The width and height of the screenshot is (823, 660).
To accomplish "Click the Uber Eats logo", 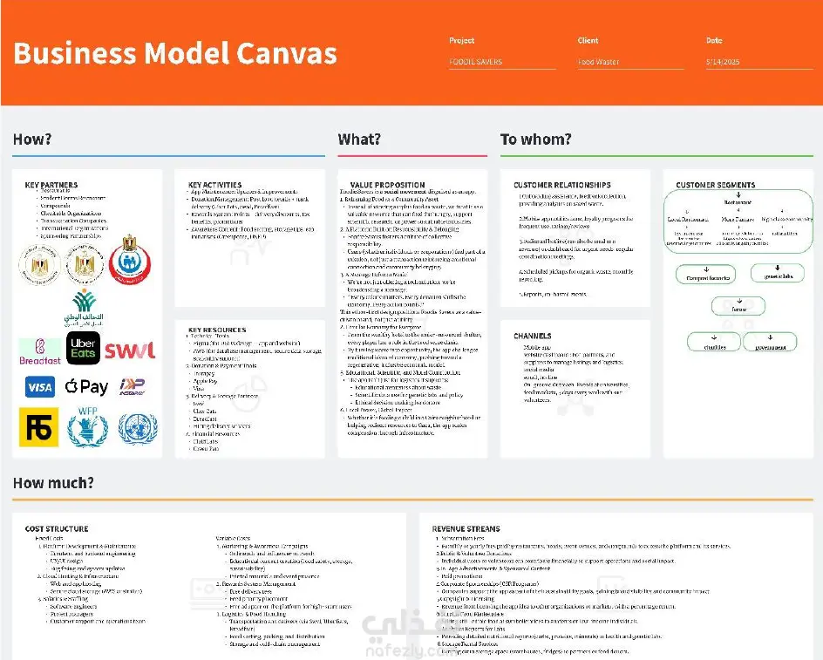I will (83, 348).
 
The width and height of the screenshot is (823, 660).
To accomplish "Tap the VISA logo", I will (39, 386).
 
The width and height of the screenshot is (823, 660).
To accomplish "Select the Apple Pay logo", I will (86, 386).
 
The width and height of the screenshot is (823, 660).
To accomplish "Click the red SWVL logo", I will (130, 350).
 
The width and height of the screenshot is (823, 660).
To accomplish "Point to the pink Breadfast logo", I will (40, 350).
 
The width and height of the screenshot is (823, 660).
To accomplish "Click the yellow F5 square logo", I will (39, 427).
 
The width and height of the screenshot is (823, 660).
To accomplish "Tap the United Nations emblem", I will (137, 427).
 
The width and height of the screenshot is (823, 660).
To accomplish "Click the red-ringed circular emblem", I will (129, 259).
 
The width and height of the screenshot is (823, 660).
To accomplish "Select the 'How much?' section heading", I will (53, 483).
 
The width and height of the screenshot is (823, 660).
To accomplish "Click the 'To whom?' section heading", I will (536, 139).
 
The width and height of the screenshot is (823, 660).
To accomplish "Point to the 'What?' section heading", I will (359, 139).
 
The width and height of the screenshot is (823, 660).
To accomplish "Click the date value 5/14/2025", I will (723, 62).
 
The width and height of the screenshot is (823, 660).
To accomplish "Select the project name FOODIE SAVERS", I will (476, 62).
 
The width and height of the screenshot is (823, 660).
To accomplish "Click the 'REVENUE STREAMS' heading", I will (466, 529).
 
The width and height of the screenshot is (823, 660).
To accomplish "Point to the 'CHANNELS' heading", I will (532, 336).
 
